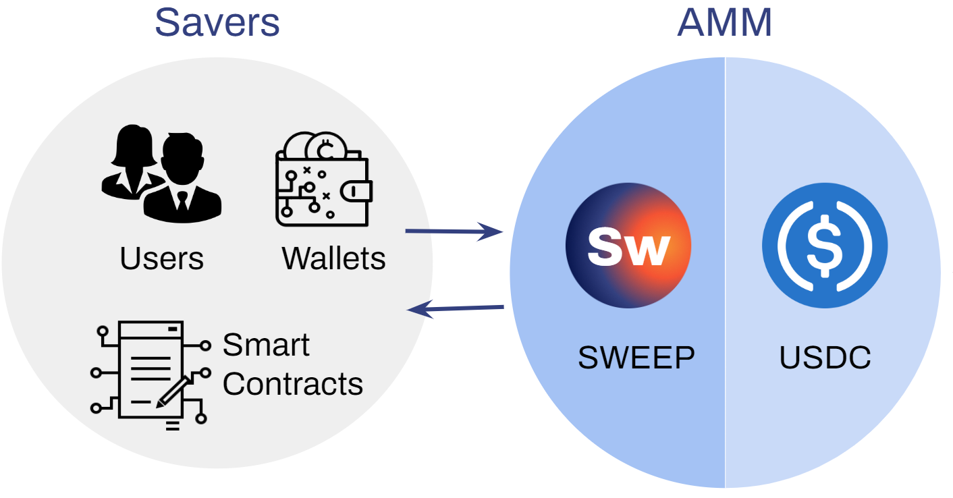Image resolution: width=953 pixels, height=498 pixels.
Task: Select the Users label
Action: coord(162,258)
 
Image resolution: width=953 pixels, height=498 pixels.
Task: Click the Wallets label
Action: coord(333,258)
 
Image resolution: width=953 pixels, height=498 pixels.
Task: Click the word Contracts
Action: coord(293,383)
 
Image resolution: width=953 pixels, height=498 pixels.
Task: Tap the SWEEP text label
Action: coord(636,358)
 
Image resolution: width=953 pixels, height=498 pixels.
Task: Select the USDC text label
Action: coord(825,358)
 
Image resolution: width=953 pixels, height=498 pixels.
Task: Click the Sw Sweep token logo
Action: coord(628,246)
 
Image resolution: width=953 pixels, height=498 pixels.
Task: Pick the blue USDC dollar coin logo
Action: coord(825,246)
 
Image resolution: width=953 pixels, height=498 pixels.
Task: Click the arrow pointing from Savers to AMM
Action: coord(454,231)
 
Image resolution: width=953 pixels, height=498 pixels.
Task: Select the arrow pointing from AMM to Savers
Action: coord(455,308)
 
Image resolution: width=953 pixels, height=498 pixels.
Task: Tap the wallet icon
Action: coord(324,179)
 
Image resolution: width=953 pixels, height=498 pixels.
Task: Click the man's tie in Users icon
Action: coord(182,201)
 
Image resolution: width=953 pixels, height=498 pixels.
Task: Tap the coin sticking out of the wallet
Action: coord(326,146)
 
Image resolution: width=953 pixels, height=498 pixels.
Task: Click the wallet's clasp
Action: coord(356,192)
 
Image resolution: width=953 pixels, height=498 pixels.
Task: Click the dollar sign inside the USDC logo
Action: coord(825,246)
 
